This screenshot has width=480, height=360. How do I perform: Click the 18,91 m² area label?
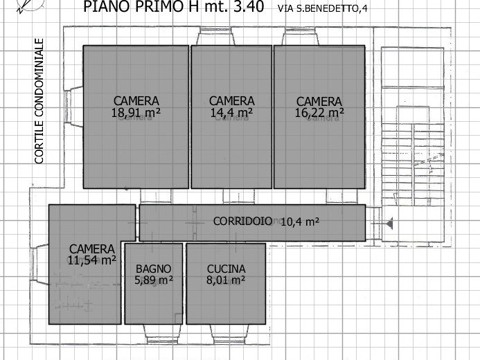coord(136,113)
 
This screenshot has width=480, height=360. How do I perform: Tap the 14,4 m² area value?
coord(231,113)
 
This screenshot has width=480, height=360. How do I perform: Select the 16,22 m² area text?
coord(319,113)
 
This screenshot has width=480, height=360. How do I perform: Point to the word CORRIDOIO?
coord(242,221)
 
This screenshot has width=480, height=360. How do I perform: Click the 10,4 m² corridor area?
coord(300,222)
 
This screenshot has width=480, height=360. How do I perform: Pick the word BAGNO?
coord(153,269)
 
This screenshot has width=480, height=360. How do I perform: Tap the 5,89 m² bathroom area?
coord(154,280)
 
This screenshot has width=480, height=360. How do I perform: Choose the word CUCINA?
coord(226,269)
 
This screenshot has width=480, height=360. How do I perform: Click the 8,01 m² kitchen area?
coord(226,280)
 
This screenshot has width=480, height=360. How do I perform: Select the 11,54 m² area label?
coord(92,260)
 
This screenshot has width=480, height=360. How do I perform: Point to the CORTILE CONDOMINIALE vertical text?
coord(39,101)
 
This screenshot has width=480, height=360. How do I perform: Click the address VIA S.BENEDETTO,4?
coord(322,8)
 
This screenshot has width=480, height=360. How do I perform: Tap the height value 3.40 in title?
coord(249,6)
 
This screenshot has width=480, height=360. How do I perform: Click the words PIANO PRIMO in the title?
coord(136,6)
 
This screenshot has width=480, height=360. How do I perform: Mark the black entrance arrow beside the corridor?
coord(389,224)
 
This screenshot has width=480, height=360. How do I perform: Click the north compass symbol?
coord(29,5)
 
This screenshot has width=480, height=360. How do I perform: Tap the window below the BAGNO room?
coord(162,334)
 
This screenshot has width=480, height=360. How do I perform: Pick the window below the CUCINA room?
coord(229,334)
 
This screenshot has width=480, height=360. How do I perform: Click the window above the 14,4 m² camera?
coord(215,36)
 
